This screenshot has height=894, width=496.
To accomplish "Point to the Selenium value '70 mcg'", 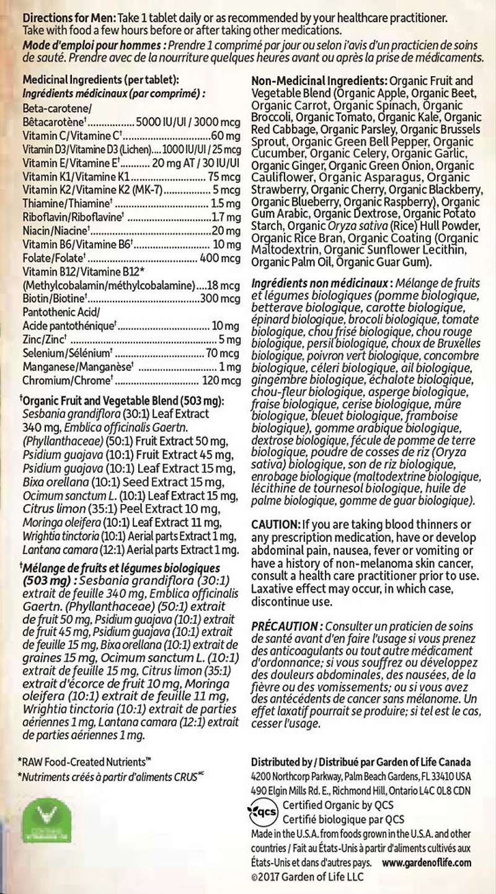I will (222, 353).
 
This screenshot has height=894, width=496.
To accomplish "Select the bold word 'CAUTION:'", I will (276, 524).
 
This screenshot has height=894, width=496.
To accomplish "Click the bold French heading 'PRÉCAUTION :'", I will (287, 627).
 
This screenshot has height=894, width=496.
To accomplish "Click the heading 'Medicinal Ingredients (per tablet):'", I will (100, 81).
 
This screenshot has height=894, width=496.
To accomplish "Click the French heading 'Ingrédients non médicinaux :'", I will (321, 282).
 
